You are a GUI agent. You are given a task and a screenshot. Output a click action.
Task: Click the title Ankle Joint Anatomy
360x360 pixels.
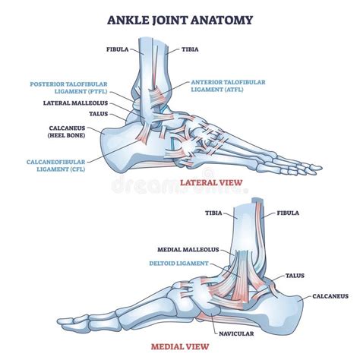[x=180, y=20]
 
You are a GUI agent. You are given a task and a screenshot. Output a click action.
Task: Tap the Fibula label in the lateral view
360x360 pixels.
[x=118, y=49]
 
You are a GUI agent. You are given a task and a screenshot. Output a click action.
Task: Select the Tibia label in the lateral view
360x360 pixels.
[x=190, y=49]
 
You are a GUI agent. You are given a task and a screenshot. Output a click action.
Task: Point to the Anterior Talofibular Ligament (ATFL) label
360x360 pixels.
[x=228, y=86]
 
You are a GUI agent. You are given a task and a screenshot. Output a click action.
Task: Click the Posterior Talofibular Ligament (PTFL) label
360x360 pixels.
[x=68, y=87]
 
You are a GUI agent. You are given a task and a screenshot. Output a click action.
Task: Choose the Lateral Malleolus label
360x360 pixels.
[x=75, y=103]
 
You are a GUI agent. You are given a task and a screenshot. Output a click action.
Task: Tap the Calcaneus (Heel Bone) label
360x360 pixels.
[x=67, y=131]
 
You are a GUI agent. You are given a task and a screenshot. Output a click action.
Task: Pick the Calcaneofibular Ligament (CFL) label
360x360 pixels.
[x=56, y=166]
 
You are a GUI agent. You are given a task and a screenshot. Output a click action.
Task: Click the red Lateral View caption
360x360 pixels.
[x=211, y=182]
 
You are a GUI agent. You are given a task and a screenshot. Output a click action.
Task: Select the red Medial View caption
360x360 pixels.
[x=180, y=346]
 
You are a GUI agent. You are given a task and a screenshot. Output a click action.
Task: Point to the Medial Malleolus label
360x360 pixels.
[x=188, y=250]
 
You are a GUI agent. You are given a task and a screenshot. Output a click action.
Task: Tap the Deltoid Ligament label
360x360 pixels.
[x=178, y=264]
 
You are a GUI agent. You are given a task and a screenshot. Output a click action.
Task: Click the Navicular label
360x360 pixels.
[x=236, y=333]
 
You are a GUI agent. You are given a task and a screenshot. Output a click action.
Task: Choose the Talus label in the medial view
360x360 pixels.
[x=295, y=276]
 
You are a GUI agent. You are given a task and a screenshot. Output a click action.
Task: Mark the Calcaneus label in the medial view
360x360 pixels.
[x=330, y=296]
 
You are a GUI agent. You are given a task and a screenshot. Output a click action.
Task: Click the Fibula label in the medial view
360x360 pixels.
[x=288, y=213]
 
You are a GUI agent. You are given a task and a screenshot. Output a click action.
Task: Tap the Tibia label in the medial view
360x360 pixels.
[x=213, y=213]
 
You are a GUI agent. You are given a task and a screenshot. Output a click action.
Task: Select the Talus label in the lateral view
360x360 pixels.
[x=99, y=114]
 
